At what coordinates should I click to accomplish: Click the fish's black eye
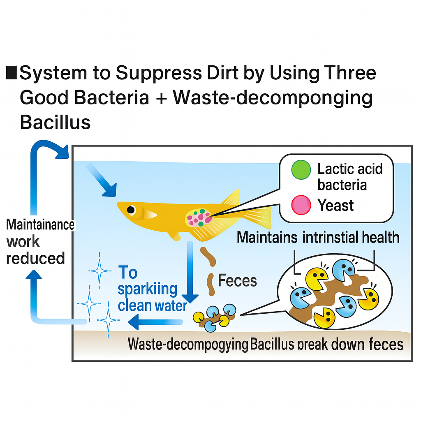click(131, 210)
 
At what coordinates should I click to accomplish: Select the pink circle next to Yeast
click(301, 205)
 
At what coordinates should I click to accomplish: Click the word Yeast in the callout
click(335, 205)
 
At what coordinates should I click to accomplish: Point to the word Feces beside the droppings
click(237, 281)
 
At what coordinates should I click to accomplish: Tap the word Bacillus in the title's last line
click(55, 122)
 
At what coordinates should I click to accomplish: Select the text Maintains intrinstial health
click(318, 237)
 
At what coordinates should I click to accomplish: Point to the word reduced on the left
click(36, 259)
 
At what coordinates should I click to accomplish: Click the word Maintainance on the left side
click(40, 225)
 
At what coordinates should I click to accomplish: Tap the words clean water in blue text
click(152, 305)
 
